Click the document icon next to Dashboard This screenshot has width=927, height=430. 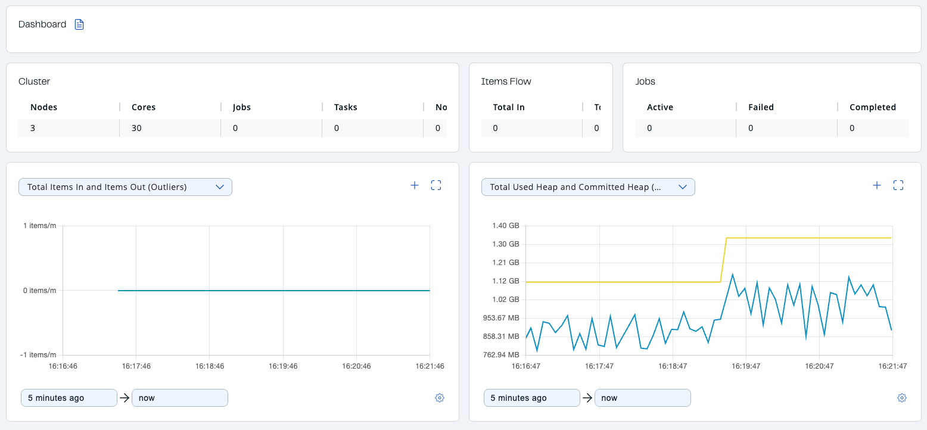(79, 24)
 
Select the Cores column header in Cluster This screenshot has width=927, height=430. (144, 107)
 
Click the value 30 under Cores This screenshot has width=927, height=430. (136, 128)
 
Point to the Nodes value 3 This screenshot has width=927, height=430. (33, 128)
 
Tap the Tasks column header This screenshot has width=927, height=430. (346, 107)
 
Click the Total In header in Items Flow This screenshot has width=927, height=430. (509, 107)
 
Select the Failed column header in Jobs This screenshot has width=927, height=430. (761, 107)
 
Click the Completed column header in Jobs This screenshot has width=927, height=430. (872, 107)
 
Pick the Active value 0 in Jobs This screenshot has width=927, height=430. (649, 128)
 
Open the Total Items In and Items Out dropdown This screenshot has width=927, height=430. (125, 187)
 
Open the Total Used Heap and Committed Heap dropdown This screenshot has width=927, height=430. (588, 187)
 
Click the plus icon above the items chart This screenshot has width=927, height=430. (415, 185)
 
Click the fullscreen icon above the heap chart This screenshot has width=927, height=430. (898, 185)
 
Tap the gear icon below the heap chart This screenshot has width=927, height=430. (902, 398)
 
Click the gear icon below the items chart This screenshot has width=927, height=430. (440, 398)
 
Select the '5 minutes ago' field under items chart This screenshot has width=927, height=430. (69, 398)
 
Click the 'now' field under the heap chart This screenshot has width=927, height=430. (642, 398)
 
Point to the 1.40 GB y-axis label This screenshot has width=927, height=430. (505, 226)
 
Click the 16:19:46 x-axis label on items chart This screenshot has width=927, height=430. (283, 366)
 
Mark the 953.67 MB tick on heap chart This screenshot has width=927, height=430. (501, 318)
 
